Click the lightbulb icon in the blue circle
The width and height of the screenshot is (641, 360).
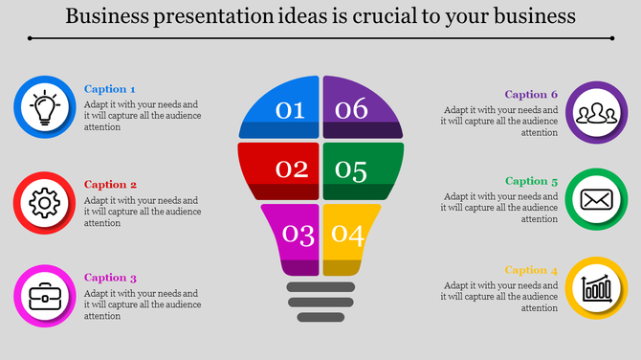[44, 106]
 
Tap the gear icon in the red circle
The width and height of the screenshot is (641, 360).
[44, 202]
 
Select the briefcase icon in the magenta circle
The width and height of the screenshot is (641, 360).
[44, 295]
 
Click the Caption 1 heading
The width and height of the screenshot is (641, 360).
[110, 89]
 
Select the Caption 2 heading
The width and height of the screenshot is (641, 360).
[110, 184]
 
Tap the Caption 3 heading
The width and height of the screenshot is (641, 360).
[110, 278]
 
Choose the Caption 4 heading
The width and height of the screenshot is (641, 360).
[531, 269]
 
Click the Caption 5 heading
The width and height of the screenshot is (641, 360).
[531, 181]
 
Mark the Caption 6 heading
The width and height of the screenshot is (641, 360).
[531, 94]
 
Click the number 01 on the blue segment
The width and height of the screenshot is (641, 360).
[291, 110]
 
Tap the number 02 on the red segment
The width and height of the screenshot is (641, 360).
[291, 170]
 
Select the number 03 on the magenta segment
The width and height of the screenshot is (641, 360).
[298, 235]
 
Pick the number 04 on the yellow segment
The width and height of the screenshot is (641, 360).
[347, 235]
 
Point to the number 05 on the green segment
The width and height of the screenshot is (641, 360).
[351, 171]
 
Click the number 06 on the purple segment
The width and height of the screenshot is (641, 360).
[351, 110]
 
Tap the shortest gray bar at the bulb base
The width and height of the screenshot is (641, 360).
[320, 317]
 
